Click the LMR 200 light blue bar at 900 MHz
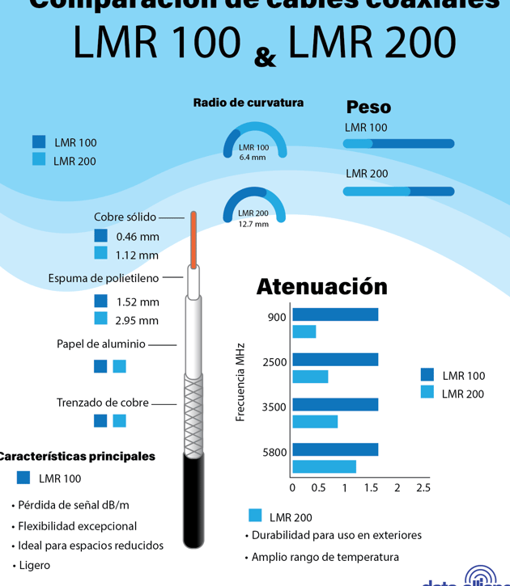click(304, 331)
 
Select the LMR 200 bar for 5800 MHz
click(324, 466)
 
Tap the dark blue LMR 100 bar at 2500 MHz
click(335, 360)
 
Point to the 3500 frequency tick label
click(274, 407)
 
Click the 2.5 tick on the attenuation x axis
click(423, 488)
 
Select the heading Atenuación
click(321, 286)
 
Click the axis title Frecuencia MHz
click(240, 382)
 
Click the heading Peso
click(368, 107)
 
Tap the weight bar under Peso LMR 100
click(398, 144)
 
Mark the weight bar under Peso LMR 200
click(398, 192)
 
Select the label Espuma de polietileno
click(104, 278)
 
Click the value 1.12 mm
click(137, 255)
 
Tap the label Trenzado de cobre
click(103, 403)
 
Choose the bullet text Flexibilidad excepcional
click(78, 525)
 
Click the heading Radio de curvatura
click(248, 103)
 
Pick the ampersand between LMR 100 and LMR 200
click(265, 57)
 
